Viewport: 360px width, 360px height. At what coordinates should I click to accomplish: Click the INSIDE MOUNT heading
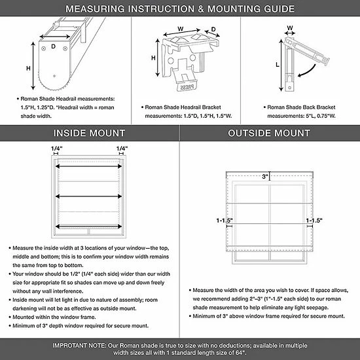tap(89, 133)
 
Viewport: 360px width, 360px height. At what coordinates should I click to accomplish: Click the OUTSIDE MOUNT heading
tap(269, 133)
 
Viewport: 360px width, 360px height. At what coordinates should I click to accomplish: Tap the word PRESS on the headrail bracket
tap(187, 87)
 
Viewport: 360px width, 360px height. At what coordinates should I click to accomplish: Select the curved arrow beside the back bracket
tap(308, 71)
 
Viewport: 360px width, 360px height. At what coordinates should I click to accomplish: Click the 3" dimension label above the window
tap(265, 177)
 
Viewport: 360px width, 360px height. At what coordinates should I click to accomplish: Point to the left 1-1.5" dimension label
tap(225, 221)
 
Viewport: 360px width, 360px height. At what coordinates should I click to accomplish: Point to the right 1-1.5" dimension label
tap(314, 221)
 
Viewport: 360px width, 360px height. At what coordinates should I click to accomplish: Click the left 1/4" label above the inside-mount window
tap(57, 149)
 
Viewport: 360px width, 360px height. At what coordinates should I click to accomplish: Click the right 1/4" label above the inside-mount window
tap(122, 149)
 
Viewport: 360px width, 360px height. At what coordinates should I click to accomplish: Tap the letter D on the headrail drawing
tap(53, 46)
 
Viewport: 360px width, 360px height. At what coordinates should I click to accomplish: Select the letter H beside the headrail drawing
tap(28, 68)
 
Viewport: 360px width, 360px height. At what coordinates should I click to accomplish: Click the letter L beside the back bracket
tap(278, 65)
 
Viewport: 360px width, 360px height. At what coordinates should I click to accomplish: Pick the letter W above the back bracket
tap(290, 27)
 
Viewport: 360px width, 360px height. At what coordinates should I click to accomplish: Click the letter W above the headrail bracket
tap(181, 29)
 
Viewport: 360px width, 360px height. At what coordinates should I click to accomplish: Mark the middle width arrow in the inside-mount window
tap(88, 196)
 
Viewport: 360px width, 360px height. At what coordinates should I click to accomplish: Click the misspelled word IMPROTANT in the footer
tap(79, 346)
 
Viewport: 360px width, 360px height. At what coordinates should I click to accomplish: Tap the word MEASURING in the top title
tap(96, 9)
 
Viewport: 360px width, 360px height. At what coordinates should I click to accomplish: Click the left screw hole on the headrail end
tap(43, 48)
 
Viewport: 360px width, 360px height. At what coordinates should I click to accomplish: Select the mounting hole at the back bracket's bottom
tap(289, 88)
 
